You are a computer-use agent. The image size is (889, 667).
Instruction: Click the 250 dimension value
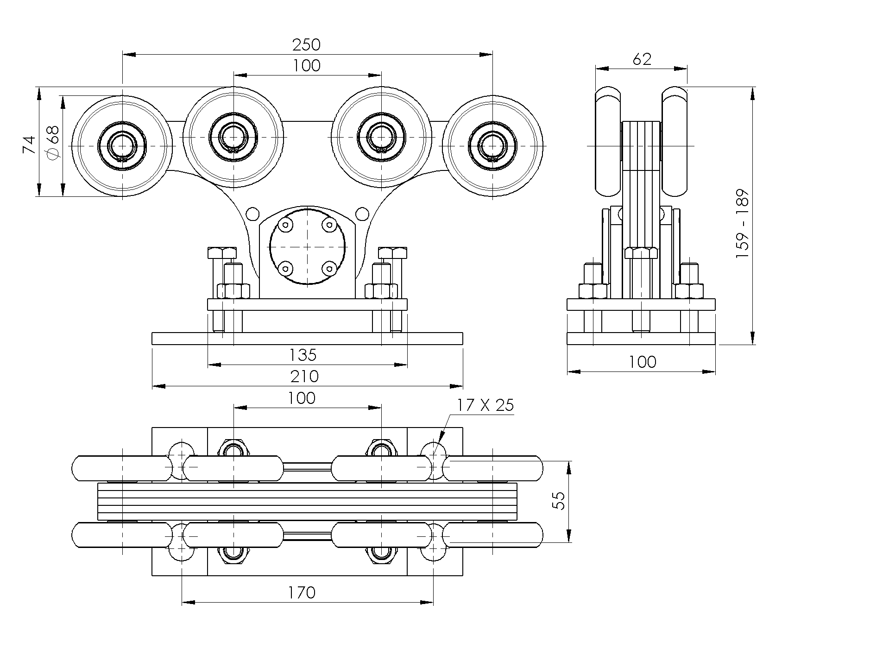[306, 45]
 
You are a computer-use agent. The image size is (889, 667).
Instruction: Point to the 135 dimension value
[303, 355]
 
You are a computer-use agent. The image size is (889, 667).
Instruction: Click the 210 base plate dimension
[304, 376]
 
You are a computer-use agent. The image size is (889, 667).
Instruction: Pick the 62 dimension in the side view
[642, 59]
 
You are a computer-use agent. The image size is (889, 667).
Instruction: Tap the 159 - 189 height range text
[742, 224]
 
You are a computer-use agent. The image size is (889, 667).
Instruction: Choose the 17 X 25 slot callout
[485, 405]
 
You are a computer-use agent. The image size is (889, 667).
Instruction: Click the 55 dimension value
[560, 501]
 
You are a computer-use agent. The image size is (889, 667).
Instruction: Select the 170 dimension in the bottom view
[302, 592]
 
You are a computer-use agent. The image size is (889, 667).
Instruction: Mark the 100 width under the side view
[642, 362]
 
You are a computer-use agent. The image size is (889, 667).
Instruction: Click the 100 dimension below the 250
[306, 66]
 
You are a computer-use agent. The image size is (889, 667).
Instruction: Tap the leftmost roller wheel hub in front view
[122, 146]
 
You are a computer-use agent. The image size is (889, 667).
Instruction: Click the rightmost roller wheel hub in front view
[492, 146]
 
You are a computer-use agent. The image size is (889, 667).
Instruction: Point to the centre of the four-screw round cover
[308, 246]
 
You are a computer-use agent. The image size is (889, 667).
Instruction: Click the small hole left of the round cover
[253, 214]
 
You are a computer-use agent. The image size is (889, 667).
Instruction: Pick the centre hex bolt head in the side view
[641, 253]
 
